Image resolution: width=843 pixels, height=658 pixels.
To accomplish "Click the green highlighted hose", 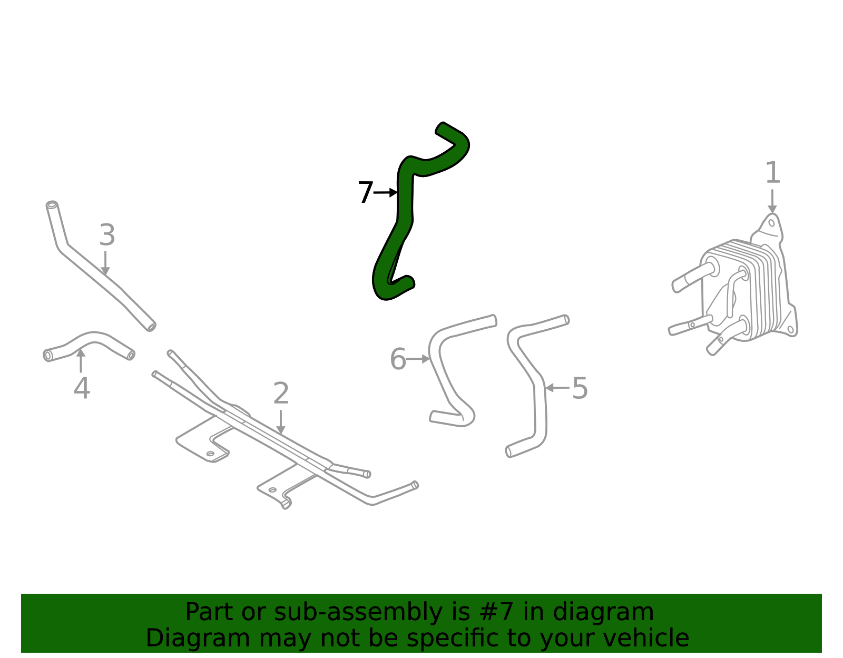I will [x=405, y=200].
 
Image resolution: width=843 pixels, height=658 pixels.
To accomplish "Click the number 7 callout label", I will [x=365, y=192].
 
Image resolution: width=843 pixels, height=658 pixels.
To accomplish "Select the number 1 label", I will [x=772, y=173].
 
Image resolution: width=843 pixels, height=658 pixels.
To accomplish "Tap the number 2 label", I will [x=281, y=394].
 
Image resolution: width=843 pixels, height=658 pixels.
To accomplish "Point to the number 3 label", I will [x=107, y=235].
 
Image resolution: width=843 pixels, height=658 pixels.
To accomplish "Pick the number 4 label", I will [x=82, y=389].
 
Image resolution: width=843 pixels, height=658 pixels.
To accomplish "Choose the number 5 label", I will [x=580, y=389].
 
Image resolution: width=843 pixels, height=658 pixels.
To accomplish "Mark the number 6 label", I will [x=398, y=360].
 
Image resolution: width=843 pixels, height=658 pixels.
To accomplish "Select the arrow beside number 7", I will [x=386, y=192].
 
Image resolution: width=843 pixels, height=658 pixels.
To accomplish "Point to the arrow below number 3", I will [x=105, y=263].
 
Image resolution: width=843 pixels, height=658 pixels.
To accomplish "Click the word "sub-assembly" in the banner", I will [x=326, y=612].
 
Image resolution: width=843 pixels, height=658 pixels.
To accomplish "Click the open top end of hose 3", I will [x=52, y=205].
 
